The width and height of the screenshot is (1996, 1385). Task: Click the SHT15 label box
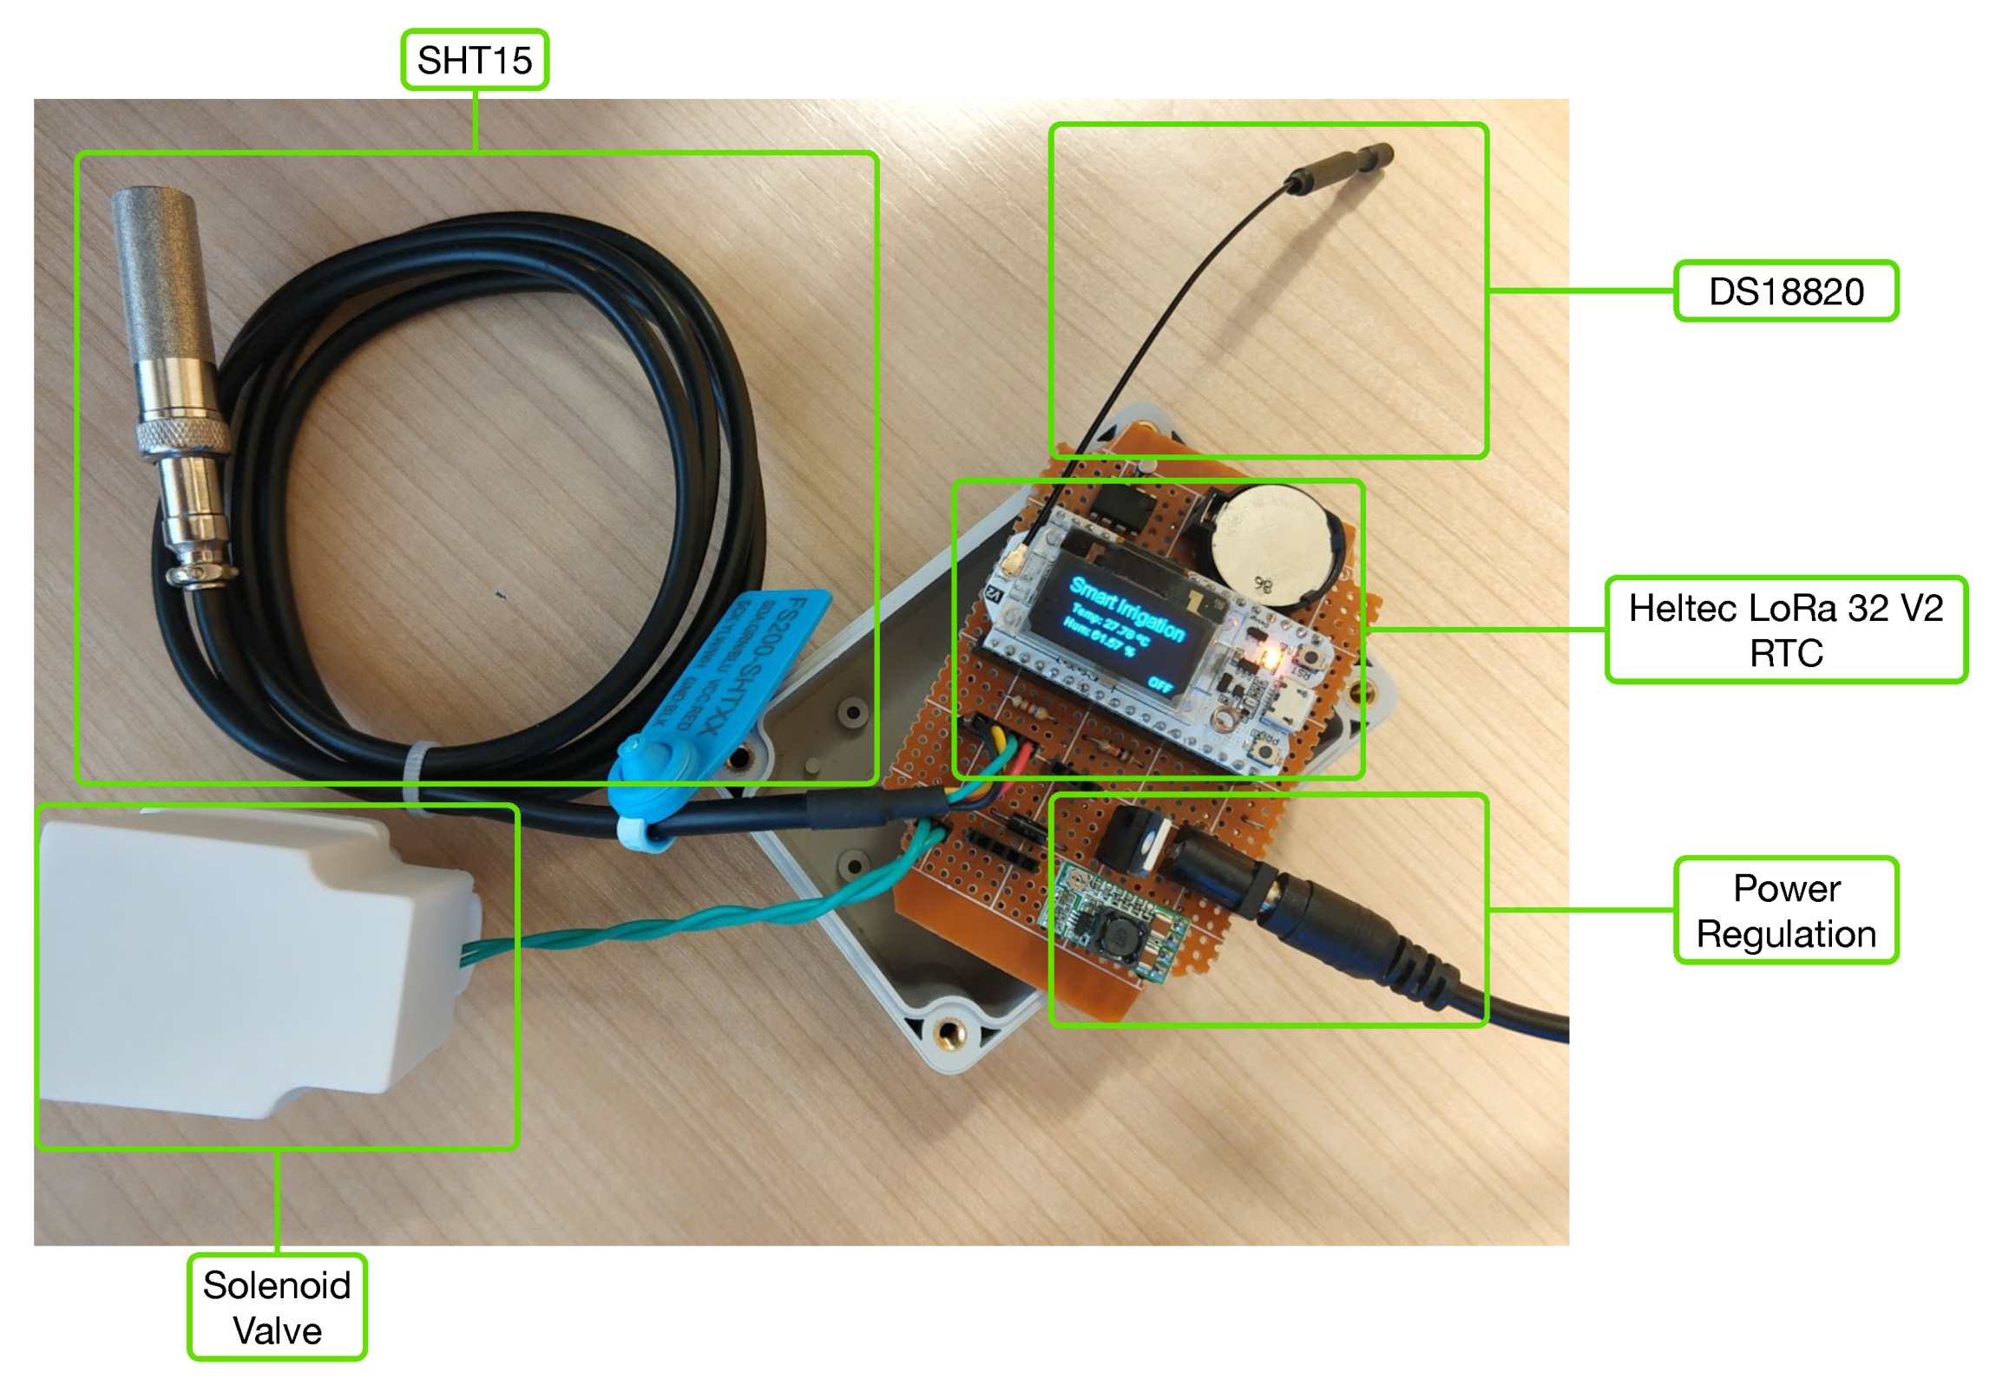[474, 60]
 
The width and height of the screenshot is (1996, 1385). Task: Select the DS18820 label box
[1785, 291]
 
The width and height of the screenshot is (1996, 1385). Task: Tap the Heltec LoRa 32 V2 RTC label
[1785, 630]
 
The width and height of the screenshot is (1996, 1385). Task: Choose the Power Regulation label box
[1785, 911]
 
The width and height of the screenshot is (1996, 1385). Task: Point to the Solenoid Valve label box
[277, 1307]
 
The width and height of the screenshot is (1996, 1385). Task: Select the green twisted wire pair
[694, 920]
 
